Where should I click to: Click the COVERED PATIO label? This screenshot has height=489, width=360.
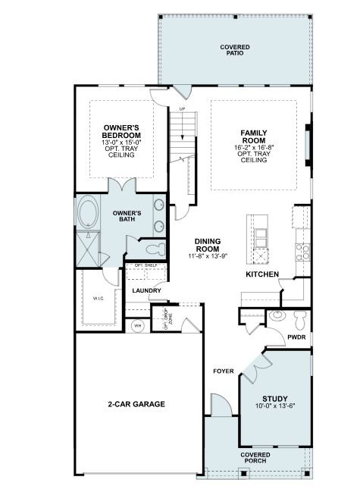pos(235,51)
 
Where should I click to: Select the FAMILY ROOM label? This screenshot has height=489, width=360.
pos(252,136)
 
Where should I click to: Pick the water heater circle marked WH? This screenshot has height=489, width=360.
pos(138,325)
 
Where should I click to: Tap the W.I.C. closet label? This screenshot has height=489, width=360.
pos(98,298)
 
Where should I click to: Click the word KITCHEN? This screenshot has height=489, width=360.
pos(261,274)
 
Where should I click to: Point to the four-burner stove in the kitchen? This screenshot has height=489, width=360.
pos(302,250)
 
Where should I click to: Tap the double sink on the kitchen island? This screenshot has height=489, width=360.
pos(261,254)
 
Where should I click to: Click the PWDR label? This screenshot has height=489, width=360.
pos(296,337)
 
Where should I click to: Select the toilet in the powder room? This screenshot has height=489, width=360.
pos(299,315)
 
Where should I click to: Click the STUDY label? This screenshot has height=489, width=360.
pos(274,398)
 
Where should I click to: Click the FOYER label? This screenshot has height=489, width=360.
pos(222,371)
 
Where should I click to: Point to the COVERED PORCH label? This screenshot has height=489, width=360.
pos(255,458)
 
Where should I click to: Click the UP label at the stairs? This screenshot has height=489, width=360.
pos(182,110)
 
